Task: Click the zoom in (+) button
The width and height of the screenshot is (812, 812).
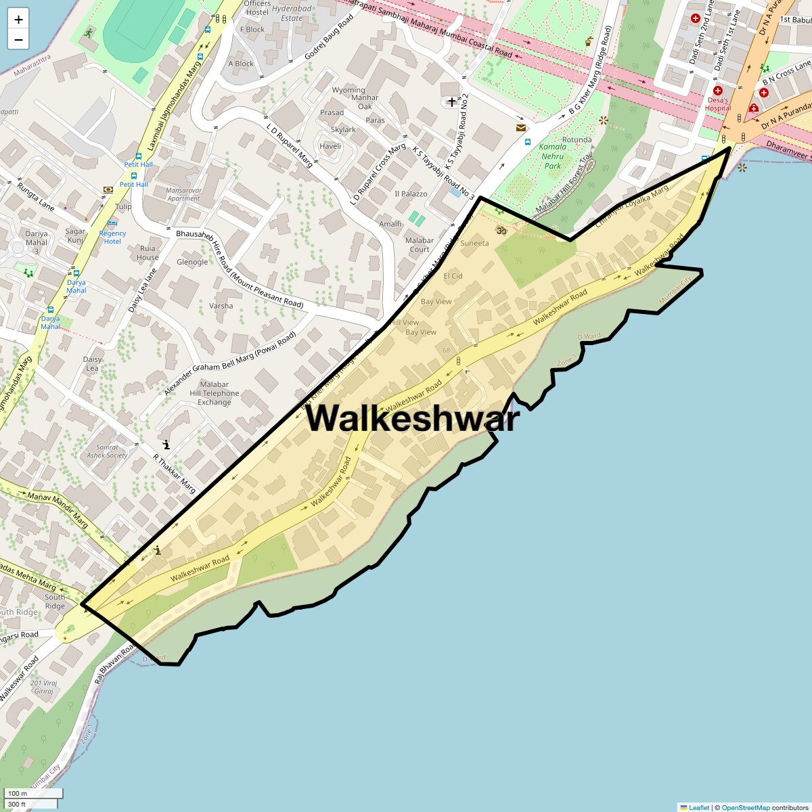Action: [18, 20]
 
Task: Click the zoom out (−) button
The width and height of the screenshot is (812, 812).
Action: [18, 39]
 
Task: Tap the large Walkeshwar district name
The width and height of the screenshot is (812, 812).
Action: [412, 418]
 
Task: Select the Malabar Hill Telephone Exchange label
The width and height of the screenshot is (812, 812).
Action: [214, 393]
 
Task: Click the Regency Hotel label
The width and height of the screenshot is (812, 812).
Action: [112, 237]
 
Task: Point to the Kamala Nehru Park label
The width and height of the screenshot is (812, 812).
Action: [553, 156]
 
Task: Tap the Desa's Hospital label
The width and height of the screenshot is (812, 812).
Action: [717, 104]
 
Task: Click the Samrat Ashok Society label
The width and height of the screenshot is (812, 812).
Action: [107, 451]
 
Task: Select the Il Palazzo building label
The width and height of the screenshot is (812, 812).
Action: [411, 194]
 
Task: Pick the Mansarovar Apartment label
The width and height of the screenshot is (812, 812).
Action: [183, 195]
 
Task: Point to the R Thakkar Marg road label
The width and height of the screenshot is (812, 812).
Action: [174, 474]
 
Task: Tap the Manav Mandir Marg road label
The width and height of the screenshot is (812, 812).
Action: [58, 510]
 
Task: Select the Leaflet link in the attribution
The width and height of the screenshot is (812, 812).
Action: [699, 807]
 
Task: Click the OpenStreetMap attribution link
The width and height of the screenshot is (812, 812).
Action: [745, 807]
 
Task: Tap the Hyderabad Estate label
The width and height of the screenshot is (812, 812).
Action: [292, 14]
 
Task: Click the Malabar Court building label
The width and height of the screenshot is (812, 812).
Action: [419, 245]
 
